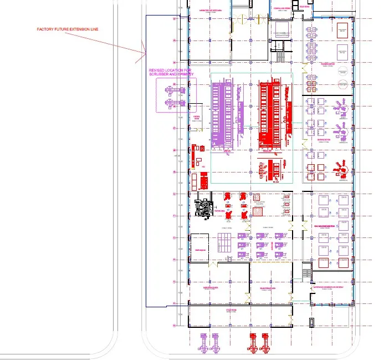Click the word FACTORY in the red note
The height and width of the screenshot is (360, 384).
click(46, 29)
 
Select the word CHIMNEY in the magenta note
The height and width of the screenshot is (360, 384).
click(183, 74)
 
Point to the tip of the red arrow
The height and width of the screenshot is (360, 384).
click(146, 55)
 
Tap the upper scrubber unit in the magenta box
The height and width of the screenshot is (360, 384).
click(172, 89)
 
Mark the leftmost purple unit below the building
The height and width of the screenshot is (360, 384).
click(202, 343)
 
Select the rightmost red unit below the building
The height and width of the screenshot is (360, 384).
click(267, 343)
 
